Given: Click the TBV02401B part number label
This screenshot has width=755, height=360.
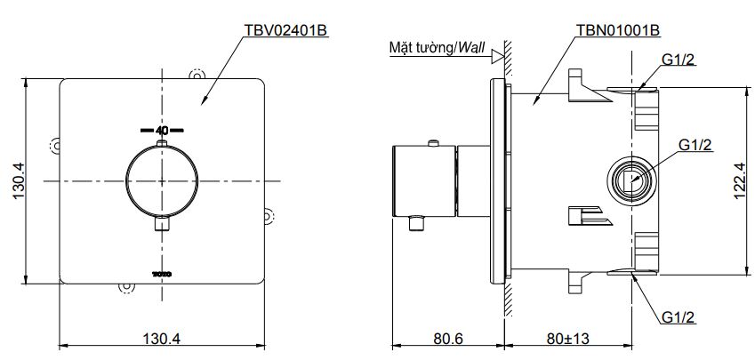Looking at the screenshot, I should (x=286, y=30).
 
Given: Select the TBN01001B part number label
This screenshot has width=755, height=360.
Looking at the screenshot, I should (x=615, y=30).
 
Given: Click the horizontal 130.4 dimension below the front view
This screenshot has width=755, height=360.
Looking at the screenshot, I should (x=162, y=338).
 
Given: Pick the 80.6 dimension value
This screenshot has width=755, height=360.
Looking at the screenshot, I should (x=450, y=338).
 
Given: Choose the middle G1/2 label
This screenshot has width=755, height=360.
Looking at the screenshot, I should (x=695, y=144).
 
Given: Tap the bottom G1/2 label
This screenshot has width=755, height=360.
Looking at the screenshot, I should (x=679, y=316).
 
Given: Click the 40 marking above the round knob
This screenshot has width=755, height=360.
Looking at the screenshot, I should (x=162, y=130).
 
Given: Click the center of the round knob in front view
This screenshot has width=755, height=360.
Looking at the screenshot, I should (x=162, y=182).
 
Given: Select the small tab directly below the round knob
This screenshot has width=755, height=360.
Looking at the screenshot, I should (x=162, y=225).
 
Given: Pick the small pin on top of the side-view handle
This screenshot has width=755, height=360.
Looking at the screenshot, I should (x=432, y=143).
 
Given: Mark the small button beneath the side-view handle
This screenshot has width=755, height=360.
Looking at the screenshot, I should (x=418, y=222).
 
